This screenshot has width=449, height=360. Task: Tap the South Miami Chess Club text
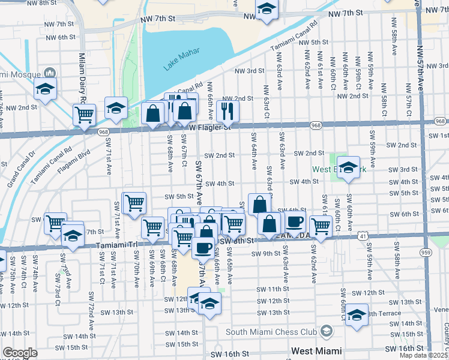click(271, 332)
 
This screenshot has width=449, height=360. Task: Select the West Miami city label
click(316, 350)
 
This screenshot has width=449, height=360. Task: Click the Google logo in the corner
click(20, 353)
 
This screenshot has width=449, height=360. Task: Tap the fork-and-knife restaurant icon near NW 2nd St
click(228, 110)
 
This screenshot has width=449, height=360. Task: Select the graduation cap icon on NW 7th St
click(267, 8)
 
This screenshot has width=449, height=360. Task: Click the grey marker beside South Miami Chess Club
click(326, 331)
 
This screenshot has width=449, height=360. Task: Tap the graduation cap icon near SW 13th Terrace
click(357, 314)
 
